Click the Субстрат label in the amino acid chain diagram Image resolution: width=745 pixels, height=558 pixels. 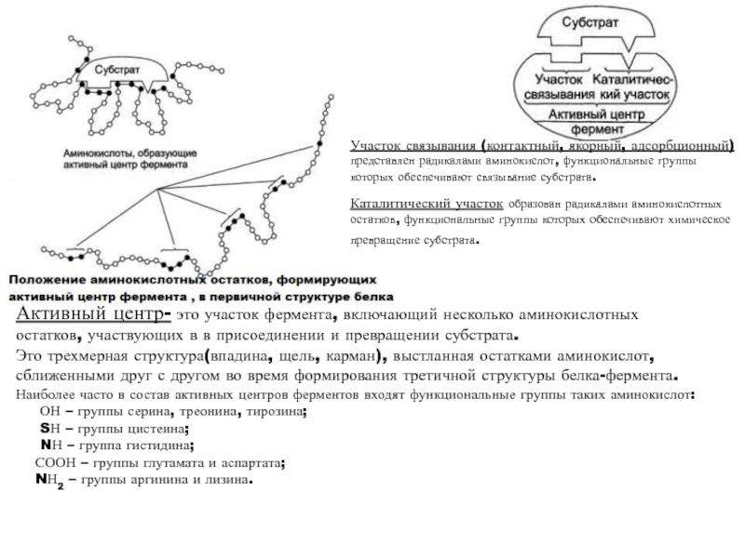[117, 70]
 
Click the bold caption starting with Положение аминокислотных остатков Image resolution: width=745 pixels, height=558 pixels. [193, 288]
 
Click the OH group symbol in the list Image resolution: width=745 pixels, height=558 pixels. [52, 412]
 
